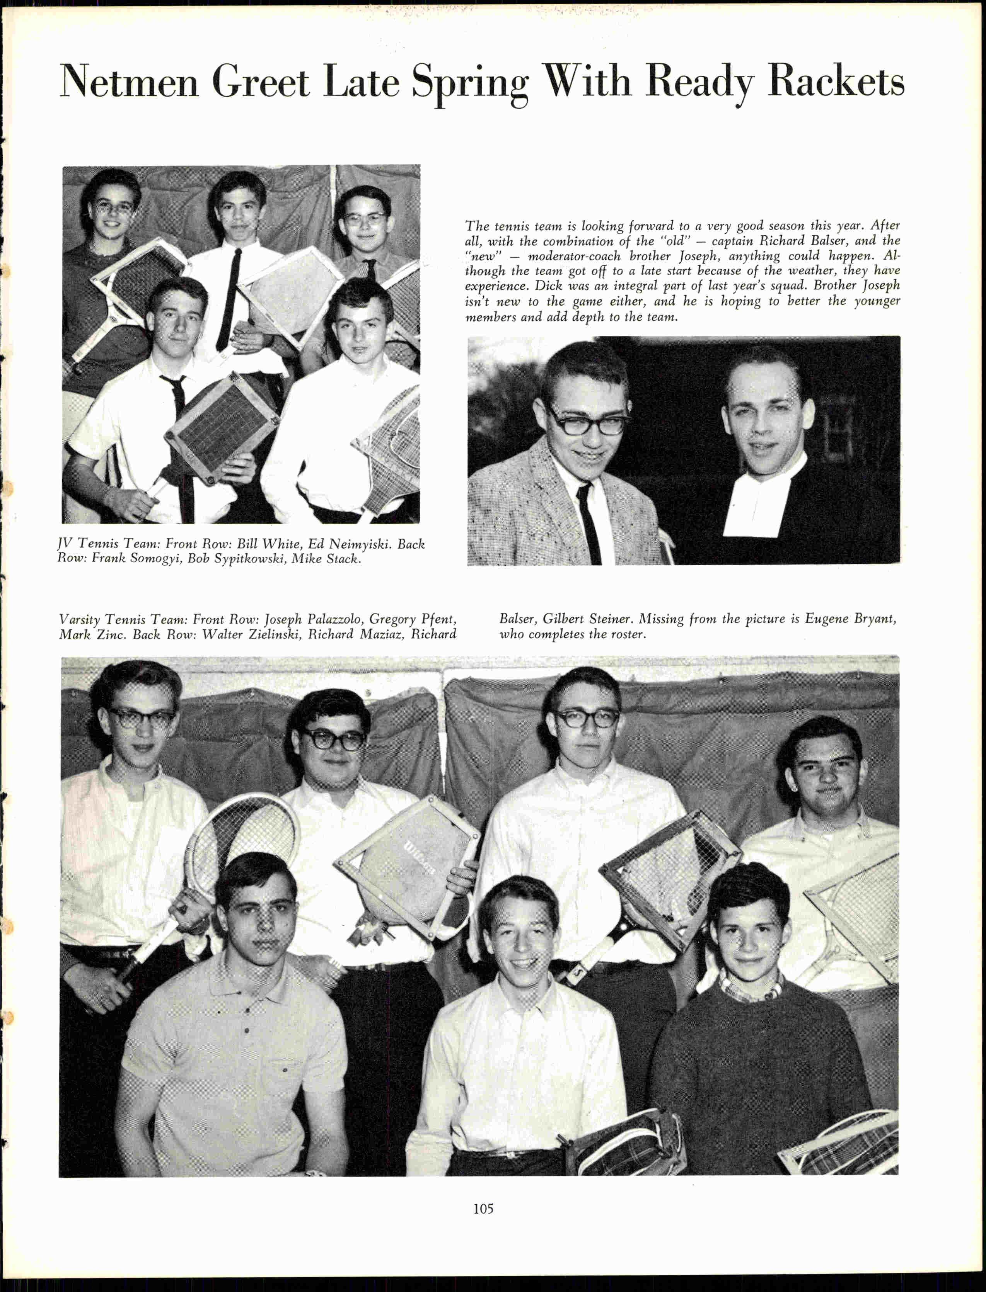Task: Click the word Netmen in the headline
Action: (129, 82)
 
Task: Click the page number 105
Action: (483, 1208)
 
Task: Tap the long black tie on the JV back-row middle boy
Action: (229, 299)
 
